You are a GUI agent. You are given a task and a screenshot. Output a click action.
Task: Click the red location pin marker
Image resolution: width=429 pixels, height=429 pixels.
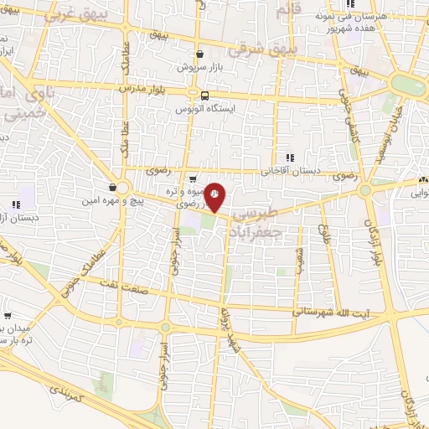tap(215, 197)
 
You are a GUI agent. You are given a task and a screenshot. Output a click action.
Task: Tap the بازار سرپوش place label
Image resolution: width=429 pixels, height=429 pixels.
tap(199, 65)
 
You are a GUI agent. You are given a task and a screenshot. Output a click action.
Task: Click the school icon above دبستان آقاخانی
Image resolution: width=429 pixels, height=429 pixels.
tap(290, 157)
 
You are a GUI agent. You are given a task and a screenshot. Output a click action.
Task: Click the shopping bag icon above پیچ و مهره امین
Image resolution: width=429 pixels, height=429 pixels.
tap(113, 187)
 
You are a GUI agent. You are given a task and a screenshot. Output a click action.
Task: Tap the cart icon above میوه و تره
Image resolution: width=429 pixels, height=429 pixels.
tap(194, 178)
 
